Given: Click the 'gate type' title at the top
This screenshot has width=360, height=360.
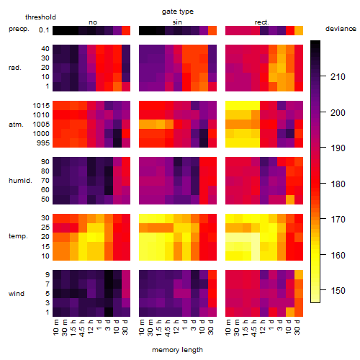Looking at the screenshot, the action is (x=178, y=12).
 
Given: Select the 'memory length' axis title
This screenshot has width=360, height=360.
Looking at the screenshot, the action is (x=177, y=350).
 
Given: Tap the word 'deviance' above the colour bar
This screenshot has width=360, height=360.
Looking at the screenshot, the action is (x=341, y=29).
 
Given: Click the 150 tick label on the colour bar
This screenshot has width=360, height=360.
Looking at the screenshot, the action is (x=338, y=291).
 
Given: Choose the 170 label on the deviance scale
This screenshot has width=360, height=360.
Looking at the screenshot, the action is (x=338, y=220).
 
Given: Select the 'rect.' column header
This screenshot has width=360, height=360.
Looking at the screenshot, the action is (x=262, y=22).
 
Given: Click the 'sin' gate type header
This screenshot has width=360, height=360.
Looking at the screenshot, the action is (x=177, y=22).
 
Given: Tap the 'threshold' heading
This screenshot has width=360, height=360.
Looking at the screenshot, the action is (x=40, y=17).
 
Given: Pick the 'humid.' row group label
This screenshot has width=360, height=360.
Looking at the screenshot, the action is (x=20, y=181).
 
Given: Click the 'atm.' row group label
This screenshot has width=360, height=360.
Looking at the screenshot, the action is (x=16, y=125).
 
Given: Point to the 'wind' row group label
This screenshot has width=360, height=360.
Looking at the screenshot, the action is (x=17, y=294).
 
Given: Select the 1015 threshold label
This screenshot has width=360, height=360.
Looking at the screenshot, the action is (x=41, y=106).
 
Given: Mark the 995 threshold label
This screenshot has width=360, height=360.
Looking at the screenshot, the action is (x=43, y=143).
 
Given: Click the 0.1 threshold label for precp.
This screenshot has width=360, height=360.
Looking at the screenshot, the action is (x=44, y=30).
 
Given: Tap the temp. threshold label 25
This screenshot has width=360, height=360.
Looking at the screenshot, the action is (x=45, y=228).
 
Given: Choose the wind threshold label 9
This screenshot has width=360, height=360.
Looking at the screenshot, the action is (x=48, y=275).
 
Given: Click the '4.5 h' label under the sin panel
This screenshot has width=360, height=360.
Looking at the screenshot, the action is (x=168, y=328).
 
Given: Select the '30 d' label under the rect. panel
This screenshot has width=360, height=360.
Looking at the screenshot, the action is (x=297, y=327).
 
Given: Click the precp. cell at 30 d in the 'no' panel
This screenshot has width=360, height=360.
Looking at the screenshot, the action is (x=126, y=31).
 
